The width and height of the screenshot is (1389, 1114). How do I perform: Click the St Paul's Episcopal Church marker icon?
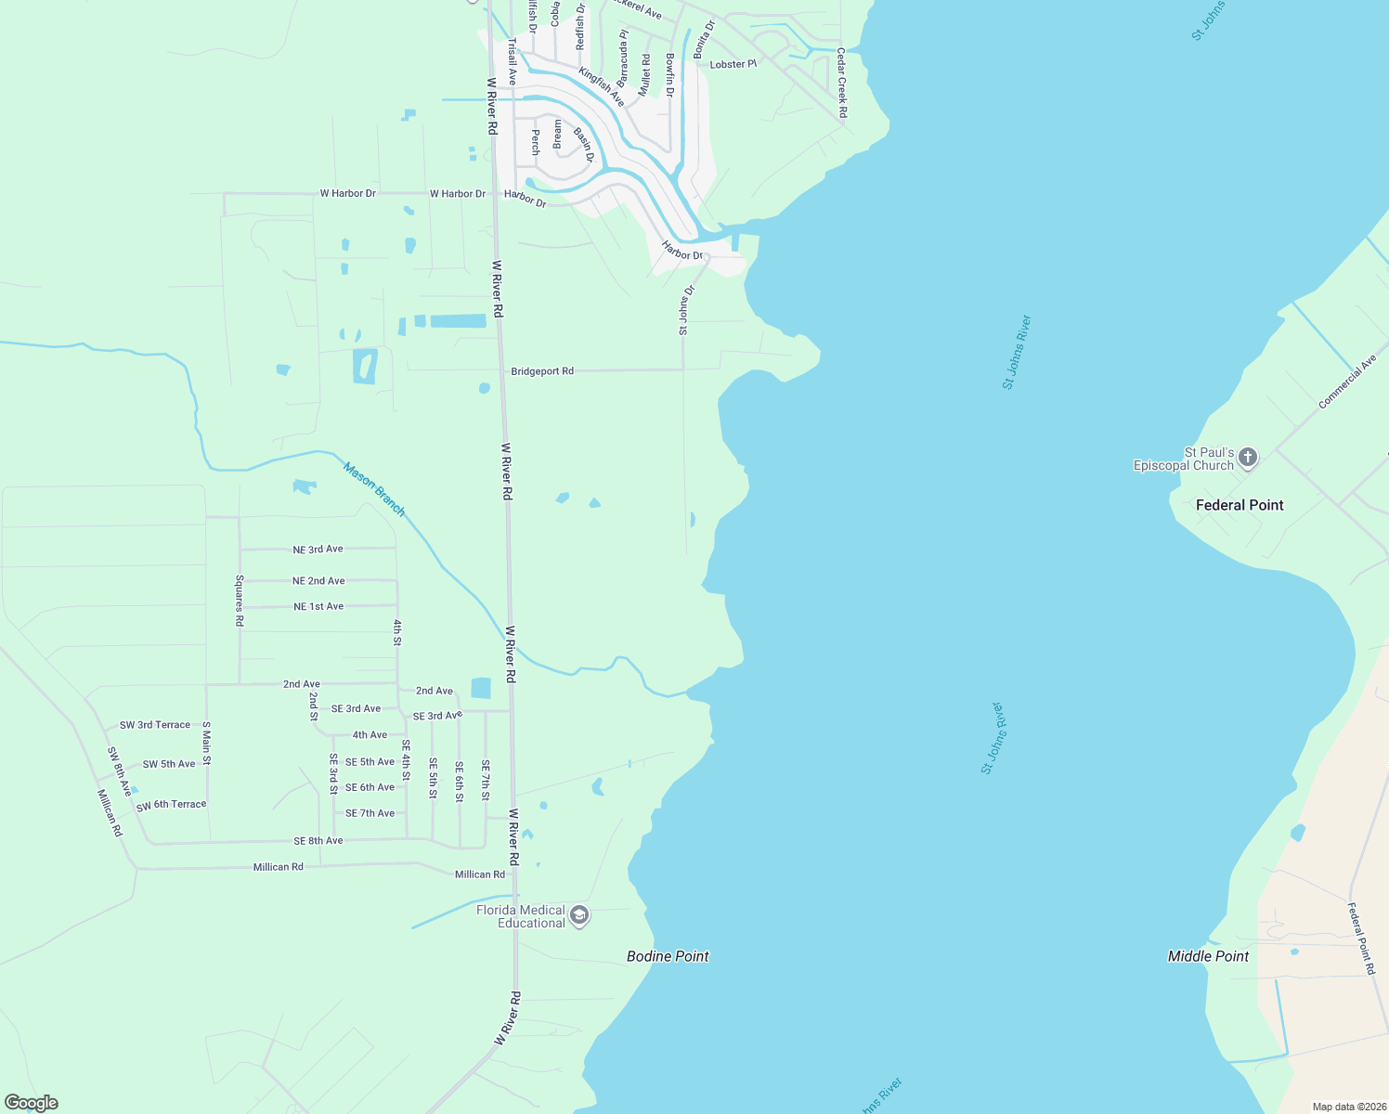(1248, 458)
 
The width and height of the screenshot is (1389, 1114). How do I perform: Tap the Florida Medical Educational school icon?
(579, 916)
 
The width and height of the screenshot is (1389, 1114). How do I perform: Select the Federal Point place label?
(1239, 505)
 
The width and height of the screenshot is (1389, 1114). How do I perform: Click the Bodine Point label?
(668, 956)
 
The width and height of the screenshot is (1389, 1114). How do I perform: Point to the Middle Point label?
(1208, 956)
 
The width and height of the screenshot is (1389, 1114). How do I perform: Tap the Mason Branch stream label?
(374, 489)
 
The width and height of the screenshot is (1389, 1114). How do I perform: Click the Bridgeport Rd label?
(542, 371)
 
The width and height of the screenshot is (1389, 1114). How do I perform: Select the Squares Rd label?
(240, 601)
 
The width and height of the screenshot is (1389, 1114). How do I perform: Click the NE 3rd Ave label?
(318, 550)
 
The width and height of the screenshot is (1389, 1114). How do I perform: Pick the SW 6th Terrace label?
(171, 806)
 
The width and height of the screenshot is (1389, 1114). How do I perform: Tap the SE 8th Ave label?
(318, 841)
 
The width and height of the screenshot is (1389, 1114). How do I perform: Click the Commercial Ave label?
(1347, 382)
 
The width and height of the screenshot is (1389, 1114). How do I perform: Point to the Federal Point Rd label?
(1361, 938)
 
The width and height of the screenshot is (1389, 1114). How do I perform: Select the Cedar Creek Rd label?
(842, 83)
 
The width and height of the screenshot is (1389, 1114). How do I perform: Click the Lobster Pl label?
(733, 65)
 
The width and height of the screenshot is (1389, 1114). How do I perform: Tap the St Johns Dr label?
(685, 310)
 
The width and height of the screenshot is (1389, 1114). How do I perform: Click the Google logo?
(32, 1103)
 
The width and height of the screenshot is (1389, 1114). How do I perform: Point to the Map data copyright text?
(1348, 1107)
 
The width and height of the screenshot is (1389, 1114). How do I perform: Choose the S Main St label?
(206, 744)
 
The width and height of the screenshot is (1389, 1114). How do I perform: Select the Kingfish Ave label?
(602, 86)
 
